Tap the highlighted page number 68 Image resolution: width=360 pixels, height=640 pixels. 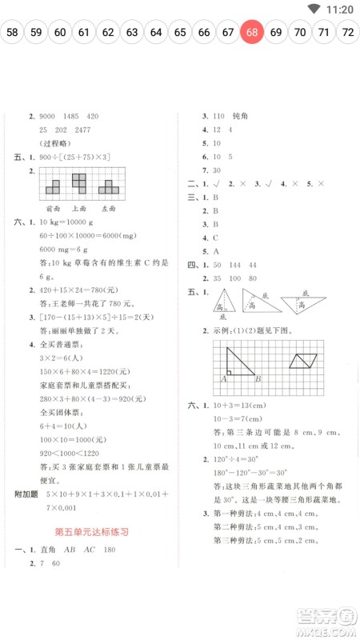[252, 33]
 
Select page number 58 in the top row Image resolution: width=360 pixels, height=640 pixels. [12, 33]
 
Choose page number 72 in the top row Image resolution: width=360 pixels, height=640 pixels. [348, 33]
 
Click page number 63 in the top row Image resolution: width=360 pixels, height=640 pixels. [132, 33]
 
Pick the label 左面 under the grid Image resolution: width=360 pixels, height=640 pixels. [110, 206]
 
